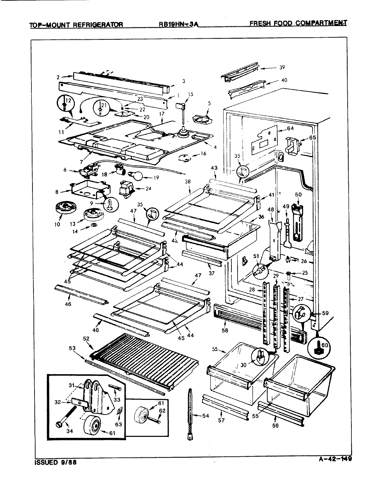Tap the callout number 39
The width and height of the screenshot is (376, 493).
[282, 67]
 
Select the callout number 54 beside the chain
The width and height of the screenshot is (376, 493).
[205, 416]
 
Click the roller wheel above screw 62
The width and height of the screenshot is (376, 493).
[142, 413]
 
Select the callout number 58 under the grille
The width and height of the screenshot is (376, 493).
[225, 331]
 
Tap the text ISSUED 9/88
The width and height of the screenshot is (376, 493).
[56, 462]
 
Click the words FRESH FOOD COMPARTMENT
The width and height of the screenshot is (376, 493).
[298, 23]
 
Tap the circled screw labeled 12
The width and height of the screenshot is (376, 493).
[65, 101]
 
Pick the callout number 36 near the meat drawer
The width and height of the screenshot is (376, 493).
[261, 217]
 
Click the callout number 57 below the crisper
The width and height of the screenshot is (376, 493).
[221, 420]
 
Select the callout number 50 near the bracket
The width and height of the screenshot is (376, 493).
[298, 195]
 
